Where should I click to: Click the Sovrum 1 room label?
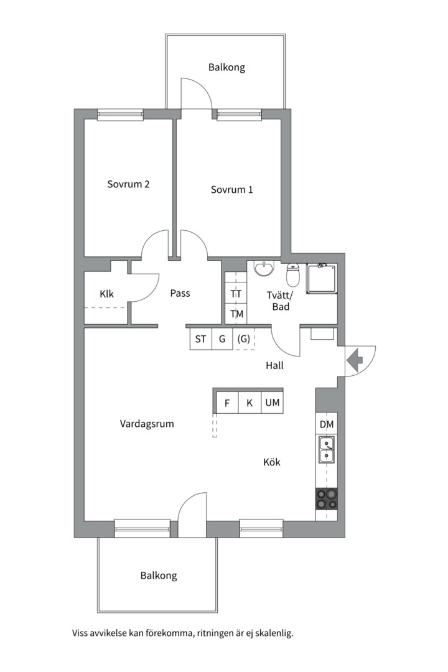[231, 190]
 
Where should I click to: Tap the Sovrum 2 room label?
[128, 184]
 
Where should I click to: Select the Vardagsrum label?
[147, 424]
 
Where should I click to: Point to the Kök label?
[272, 462]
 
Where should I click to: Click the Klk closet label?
[106, 294]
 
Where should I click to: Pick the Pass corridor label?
[180, 293]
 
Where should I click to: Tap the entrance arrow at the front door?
[355, 359]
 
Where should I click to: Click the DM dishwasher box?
[327, 424]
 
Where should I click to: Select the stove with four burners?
[327, 500]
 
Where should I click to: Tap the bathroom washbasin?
[264, 269]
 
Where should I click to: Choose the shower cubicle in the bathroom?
[322, 279]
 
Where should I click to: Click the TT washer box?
[236, 294]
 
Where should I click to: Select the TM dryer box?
[236, 314]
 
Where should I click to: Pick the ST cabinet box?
[200, 339]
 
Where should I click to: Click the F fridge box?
[227, 403]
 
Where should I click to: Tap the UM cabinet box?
[273, 403]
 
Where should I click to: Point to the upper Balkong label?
[226, 67]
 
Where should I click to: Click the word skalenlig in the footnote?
[271, 634]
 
